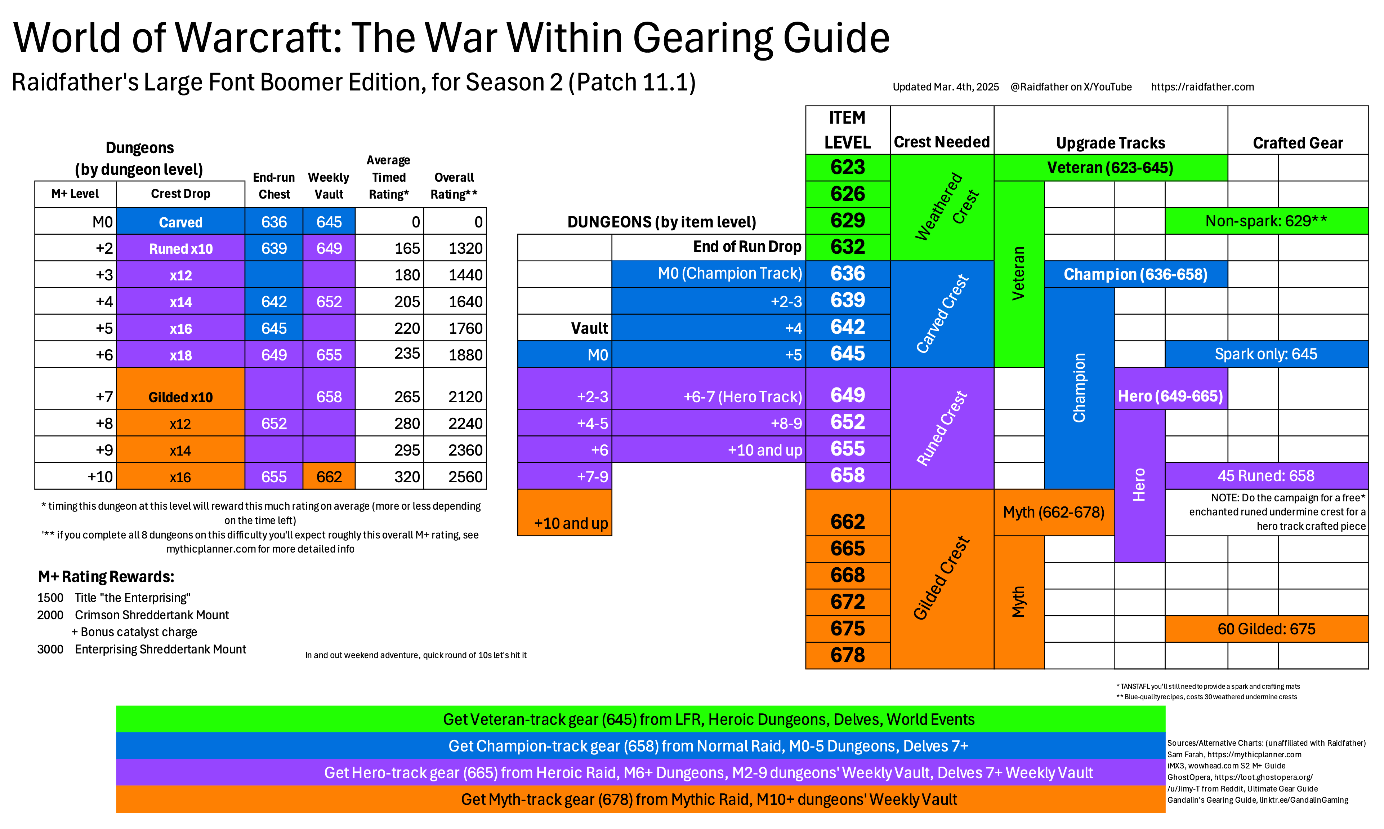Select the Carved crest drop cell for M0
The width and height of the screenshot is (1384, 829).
pyautogui.click(x=180, y=222)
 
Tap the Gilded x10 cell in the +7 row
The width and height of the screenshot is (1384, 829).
pyautogui.click(x=180, y=396)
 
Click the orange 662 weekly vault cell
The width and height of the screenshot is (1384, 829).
pyautogui.click(x=329, y=476)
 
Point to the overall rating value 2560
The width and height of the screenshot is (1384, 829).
pyautogui.click(x=465, y=476)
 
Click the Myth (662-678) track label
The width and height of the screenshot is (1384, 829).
pyautogui.click(x=1054, y=512)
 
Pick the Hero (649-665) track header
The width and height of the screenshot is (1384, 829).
pyautogui.click(x=1170, y=396)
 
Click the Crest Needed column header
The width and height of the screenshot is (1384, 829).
pyautogui.click(x=941, y=142)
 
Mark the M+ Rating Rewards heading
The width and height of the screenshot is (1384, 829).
pyautogui.click(x=106, y=576)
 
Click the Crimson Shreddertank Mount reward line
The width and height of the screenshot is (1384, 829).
pyautogui.click(x=152, y=615)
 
